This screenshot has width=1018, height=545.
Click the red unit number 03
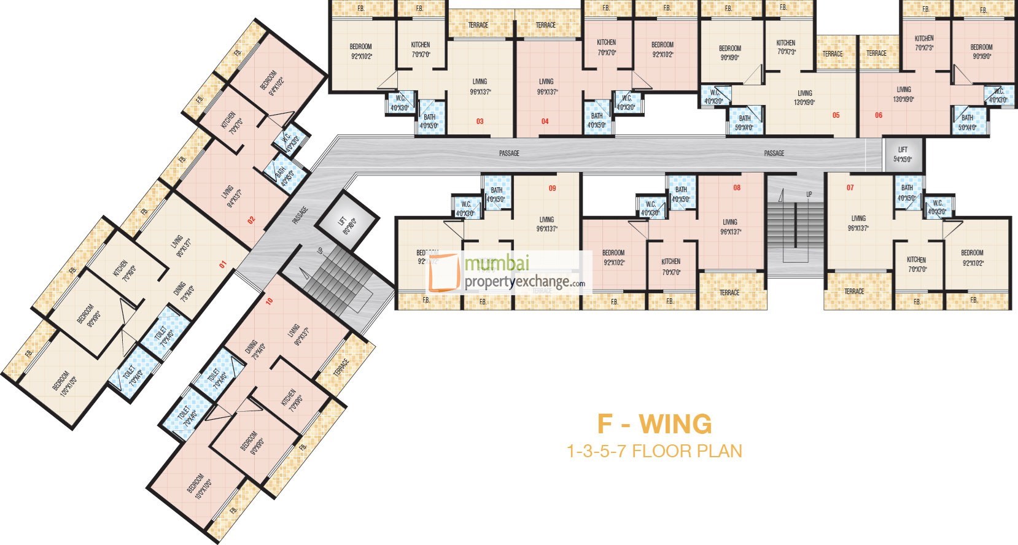[x=480, y=122]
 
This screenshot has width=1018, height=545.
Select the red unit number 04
[x=545, y=122]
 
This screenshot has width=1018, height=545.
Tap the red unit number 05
[x=836, y=115]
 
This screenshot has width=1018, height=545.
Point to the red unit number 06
[x=879, y=115]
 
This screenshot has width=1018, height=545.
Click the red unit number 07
[x=850, y=188]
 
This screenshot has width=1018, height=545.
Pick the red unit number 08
[x=737, y=188]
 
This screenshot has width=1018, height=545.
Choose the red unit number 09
[x=552, y=188]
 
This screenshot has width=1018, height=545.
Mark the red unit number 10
[x=269, y=301]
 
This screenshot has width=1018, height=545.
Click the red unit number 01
[x=223, y=265]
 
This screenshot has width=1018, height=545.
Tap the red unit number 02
[x=251, y=219]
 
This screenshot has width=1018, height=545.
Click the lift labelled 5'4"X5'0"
[x=902, y=154]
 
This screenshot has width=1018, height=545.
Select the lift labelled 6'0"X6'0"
[x=347, y=221]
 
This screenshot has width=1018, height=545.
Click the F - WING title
[x=655, y=424]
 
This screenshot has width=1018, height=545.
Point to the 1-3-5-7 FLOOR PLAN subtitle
[x=655, y=452]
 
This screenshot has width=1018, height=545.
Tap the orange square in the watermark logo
[x=444, y=272]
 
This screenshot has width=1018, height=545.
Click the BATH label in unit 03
[x=429, y=117]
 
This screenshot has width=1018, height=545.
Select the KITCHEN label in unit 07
[x=916, y=260]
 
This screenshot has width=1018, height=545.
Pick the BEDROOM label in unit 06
[x=981, y=47]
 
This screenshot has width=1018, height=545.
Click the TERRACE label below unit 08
[x=729, y=293]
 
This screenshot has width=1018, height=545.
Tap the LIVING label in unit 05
[x=804, y=93]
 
